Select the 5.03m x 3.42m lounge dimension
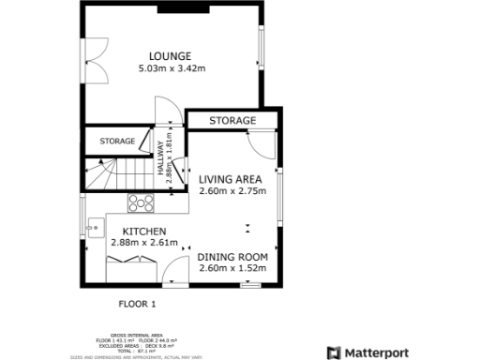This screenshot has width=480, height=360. pyautogui.click(x=172, y=68)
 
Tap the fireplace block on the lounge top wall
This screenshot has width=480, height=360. pyautogui.click(x=171, y=9)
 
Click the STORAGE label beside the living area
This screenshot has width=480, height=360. pyautogui.click(x=232, y=121)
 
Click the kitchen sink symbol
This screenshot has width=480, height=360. pyautogui.click(x=95, y=225)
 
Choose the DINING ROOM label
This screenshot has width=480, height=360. pyautogui.click(x=232, y=257)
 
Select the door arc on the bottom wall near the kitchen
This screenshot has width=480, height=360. pyautogui.click(x=174, y=275)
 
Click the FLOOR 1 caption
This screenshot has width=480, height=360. pyautogui.click(x=137, y=304)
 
